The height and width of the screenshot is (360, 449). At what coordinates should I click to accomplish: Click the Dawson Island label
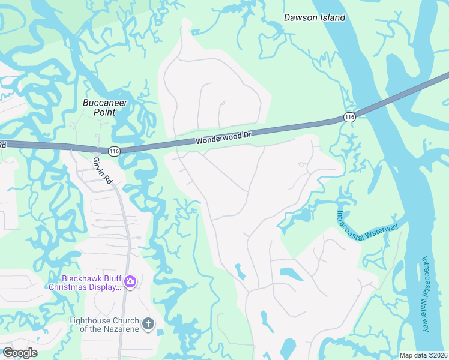314,17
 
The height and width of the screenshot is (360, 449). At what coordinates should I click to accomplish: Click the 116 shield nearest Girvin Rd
115,151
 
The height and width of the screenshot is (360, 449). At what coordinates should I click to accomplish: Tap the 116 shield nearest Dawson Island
350,116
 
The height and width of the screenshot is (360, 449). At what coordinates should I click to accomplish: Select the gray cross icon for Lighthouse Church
148,325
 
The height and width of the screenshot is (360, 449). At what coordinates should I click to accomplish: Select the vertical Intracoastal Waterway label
426,294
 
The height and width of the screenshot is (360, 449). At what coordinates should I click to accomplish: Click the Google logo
19,353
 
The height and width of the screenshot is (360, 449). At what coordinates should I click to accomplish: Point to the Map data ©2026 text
423,355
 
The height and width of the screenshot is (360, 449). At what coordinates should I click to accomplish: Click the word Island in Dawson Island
332,17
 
